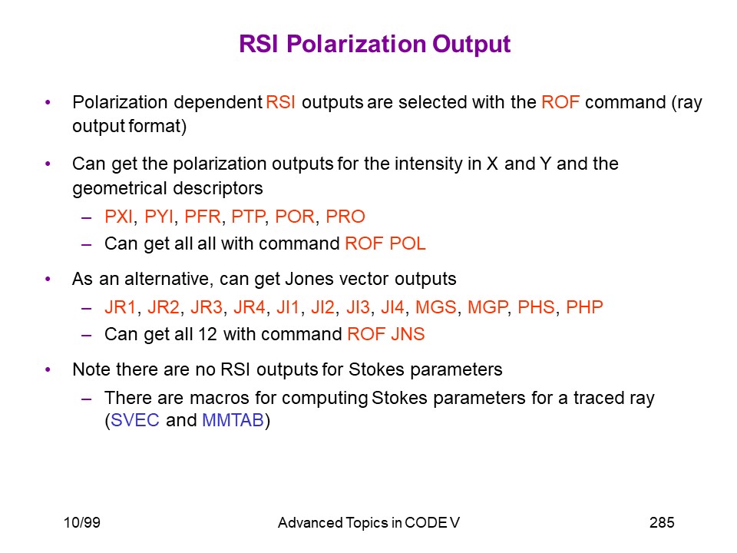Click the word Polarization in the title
click(x=355, y=45)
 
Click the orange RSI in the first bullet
click(x=281, y=102)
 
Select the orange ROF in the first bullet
click(x=560, y=102)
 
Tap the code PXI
click(x=119, y=217)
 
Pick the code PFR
click(x=203, y=217)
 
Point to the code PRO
click(x=345, y=217)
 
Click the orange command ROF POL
click(x=385, y=243)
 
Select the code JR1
click(x=121, y=307)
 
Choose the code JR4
click(x=250, y=307)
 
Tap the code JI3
click(x=359, y=307)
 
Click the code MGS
click(x=436, y=307)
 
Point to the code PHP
click(x=584, y=307)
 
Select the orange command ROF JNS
click(x=386, y=334)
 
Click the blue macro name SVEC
click(x=135, y=420)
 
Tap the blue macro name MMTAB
click(x=233, y=420)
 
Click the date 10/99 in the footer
click(x=82, y=522)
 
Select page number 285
click(x=662, y=522)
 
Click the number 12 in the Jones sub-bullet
click(x=207, y=334)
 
